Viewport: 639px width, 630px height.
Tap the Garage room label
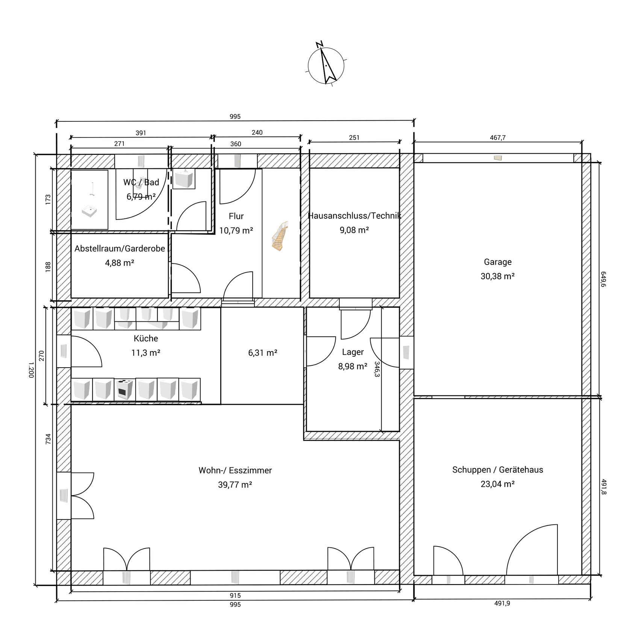pyautogui.click(x=497, y=262)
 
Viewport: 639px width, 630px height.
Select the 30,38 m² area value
pyautogui.click(x=497, y=276)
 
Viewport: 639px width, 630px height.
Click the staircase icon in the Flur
pyautogui.click(x=280, y=236)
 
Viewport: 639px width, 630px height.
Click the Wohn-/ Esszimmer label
pyautogui.click(x=235, y=470)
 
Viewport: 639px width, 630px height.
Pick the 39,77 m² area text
pyautogui.click(x=235, y=485)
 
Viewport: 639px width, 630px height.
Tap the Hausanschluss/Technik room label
pyautogui.click(x=354, y=216)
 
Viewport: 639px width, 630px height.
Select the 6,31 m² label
pyautogui.click(x=263, y=353)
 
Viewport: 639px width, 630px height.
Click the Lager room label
pyautogui.click(x=353, y=352)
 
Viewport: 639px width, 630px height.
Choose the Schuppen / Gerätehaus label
pyautogui.click(x=498, y=470)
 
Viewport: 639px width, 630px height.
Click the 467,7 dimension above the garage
pyautogui.click(x=498, y=138)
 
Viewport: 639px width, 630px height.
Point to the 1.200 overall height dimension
pyautogui.click(x=31, y=370)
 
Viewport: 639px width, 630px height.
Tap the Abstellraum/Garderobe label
pyautogui.click(x=120, y=248)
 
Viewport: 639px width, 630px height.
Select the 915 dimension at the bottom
pyautogui.click(x=235, y=595)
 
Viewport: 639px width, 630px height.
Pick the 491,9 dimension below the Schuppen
pyautogui.click(x=502, y=603)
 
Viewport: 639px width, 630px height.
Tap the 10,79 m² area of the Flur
pyautogui.click(x=236, y=230)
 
